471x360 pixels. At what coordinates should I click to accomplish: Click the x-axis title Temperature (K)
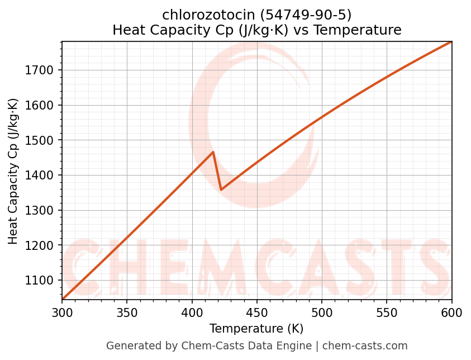pos(256,329)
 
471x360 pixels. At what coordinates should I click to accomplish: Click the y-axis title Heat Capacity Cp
pos(13,170)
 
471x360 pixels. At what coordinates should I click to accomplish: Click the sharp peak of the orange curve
pos(213,152)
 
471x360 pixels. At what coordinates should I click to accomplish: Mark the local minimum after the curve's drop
pos(221,190)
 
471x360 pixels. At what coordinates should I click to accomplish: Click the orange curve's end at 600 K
pos(451,42)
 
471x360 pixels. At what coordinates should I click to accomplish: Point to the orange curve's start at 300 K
pos(63,299)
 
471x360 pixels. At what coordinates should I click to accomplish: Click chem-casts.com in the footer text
pos(365,346)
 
